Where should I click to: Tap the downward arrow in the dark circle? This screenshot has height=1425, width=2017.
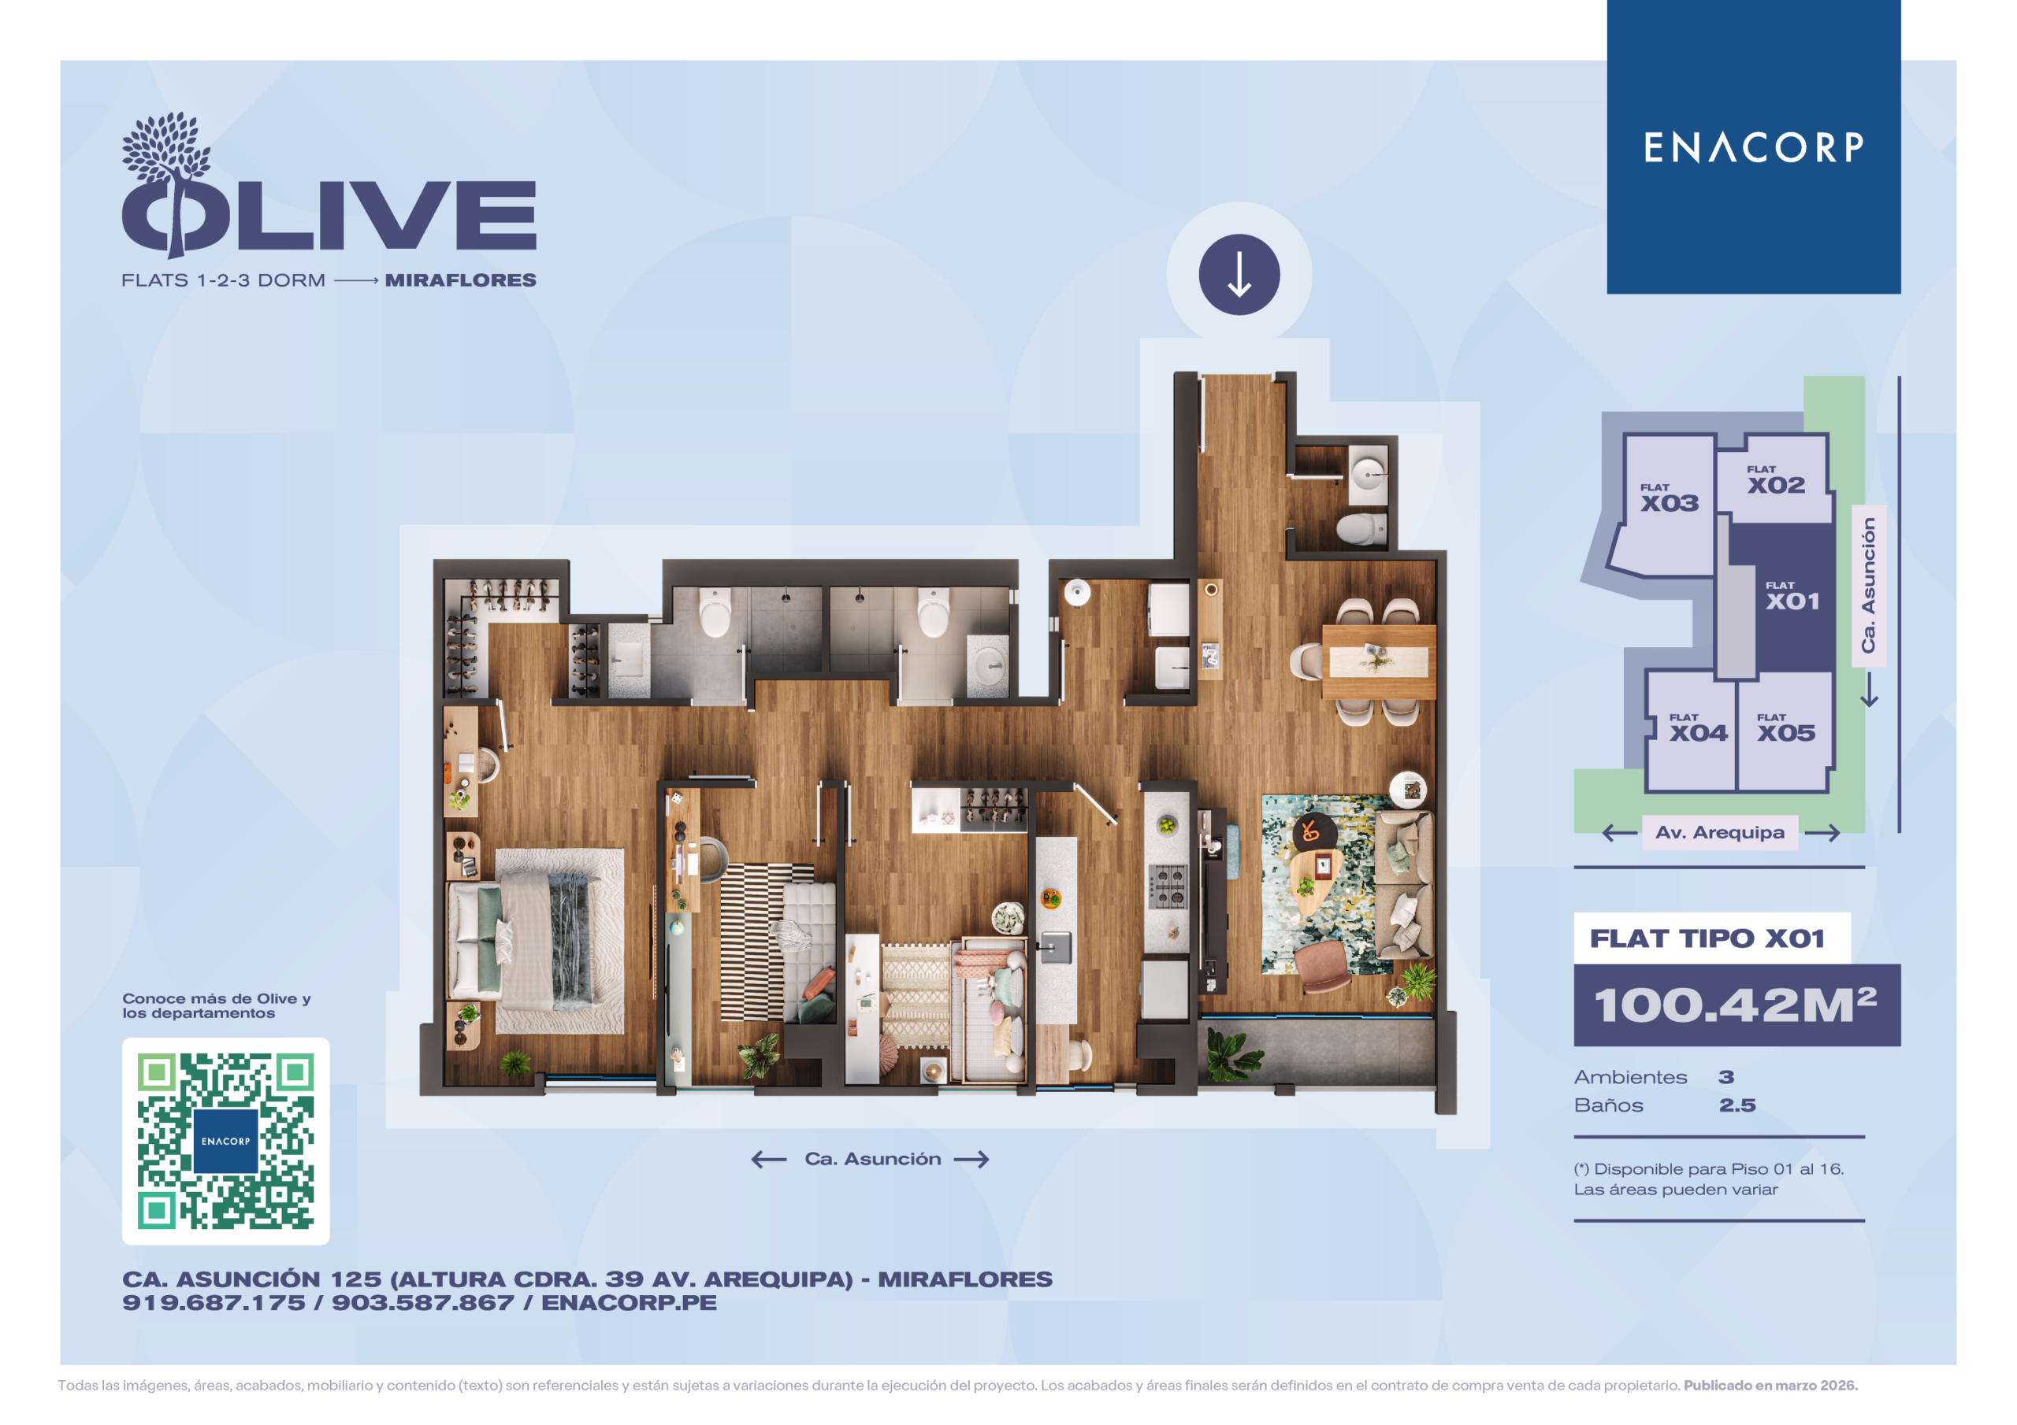(x=1239, y=275)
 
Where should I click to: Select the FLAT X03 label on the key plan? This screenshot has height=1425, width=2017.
(x=1669, y=498)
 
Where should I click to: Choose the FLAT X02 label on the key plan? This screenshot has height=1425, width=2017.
(x=1775, y=480)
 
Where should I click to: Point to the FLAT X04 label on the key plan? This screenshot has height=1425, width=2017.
(x=1698, y=728)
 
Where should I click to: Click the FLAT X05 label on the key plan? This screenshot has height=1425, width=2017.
(x=1786, y=728)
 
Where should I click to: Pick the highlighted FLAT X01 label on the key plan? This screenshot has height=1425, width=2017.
(x=1793, y=596)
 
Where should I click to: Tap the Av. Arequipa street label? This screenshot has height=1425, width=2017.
(x=1719, y=832)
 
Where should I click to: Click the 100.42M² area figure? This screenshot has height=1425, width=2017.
(x=1735, y=1005)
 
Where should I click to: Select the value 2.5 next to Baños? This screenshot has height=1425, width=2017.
(x=1737, y=1105)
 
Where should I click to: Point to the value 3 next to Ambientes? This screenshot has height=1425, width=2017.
(x=1726, y=1077)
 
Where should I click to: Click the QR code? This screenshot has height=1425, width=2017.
(x=226, y=1141)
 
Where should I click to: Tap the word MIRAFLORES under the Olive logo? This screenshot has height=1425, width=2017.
(x=460, y=280)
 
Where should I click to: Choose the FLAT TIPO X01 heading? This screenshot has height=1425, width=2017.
(x=1707, y=938)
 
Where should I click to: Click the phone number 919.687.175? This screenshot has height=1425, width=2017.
(x=214, y=1303)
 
